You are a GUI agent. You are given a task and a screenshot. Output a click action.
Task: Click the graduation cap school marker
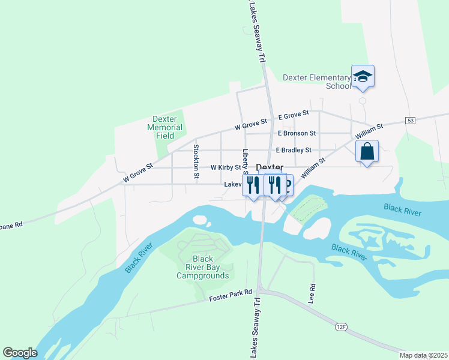pos(363,76)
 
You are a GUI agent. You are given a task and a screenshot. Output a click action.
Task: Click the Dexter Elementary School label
pos(316,82)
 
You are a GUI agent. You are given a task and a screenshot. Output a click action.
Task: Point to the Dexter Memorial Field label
pos(165,127)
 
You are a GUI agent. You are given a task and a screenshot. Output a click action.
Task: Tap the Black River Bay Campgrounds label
pos(202,268)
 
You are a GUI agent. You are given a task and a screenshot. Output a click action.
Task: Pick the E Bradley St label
pos(294,150)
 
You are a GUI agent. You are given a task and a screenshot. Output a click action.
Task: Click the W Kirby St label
pos(226,168)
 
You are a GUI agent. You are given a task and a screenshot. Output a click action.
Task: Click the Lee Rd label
pos(312,293)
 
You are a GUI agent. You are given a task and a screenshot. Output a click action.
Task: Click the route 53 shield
pos(411,121)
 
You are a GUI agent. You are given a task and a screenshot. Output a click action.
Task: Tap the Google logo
pos(20,353)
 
